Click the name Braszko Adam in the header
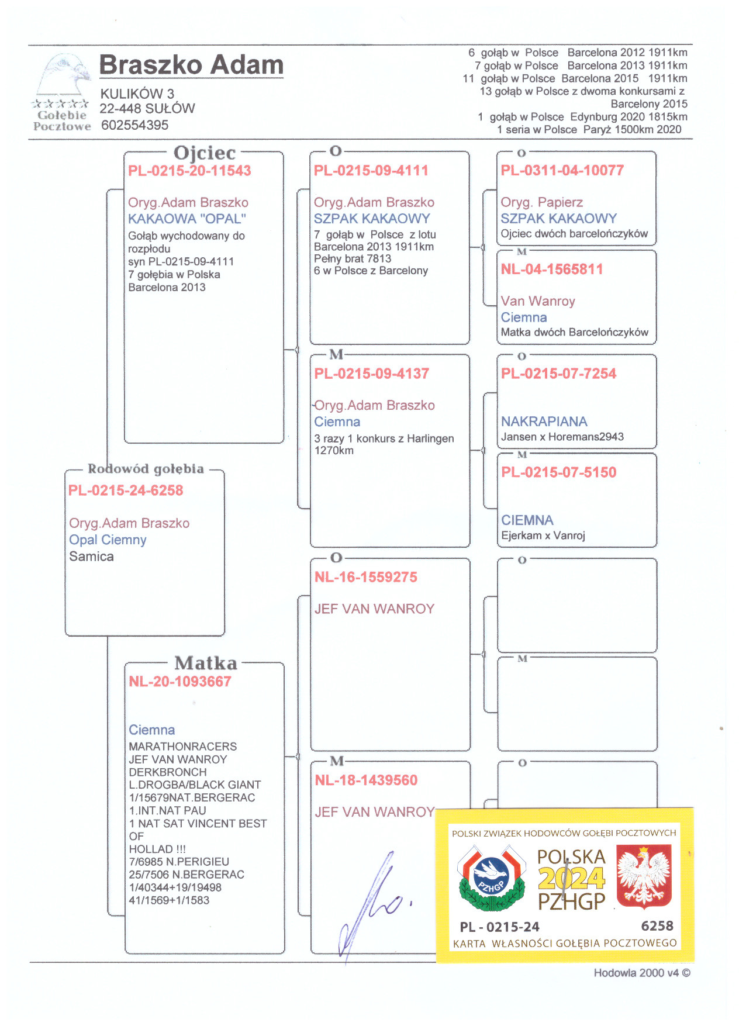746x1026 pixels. [x=191, y=65]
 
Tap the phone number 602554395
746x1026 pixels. [x=134, y=125]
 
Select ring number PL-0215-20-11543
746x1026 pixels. [x=189, y=171]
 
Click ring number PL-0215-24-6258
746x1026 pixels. [x=126, y=490]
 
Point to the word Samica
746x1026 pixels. [x=91, y=557]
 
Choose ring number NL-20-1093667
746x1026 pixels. [x=180, y=682]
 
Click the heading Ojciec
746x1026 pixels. [x=205, y=153]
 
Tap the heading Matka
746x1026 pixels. [x=206, y=663]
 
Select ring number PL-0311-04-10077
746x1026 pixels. [x=562, y=171]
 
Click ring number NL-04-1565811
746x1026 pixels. [x=552, y=270]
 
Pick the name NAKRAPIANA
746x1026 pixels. [x=544, y=422]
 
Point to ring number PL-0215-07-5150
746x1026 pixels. [x=559, y=472]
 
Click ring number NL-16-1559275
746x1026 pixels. [x=366, y=578]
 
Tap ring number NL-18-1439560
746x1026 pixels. [x=366, y=780]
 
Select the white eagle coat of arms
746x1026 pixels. [x=644, y=879]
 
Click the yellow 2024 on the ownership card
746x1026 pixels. [x=571, y=879]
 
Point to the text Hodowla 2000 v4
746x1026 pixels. [x=636, y=973]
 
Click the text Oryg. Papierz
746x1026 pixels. [x=542, y=202]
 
